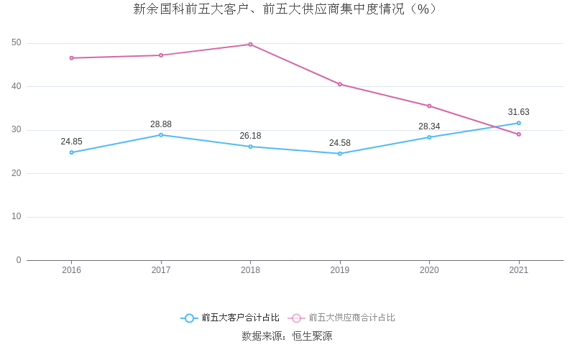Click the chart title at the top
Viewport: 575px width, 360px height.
(285, 9)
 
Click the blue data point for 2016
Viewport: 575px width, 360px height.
(71, 152)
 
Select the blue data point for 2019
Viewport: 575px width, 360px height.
(340, 154)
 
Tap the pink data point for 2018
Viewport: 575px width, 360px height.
(250, 45)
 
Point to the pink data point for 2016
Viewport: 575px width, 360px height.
(71, 58)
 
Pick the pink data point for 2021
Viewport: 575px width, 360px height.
(519, 134)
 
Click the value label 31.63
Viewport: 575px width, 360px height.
(518, 112)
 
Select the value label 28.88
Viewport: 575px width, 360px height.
(161, 124)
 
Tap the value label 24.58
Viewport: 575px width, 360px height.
(340, 143)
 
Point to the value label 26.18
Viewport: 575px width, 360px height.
(250, 136)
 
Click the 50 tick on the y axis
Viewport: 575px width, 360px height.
(17, 43)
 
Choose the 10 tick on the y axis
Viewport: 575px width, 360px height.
(17, 217)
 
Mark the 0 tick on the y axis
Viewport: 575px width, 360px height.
(19, 260)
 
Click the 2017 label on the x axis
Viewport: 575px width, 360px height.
(161, 270)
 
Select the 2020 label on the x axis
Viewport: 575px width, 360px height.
(429, 270)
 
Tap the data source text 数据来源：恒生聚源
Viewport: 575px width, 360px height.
(287, 336)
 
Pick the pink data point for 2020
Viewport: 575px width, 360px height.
(429, 106)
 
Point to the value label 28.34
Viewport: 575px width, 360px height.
(429, 126)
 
